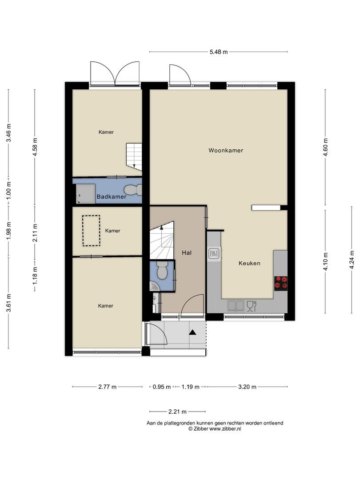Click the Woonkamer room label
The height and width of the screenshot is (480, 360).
pos(226,150)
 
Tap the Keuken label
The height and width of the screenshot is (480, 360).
pos(249,263)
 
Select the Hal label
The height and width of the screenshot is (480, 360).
pos(187,253)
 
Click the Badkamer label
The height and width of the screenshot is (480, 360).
pos(112,197)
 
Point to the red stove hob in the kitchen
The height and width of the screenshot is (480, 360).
pos(281,283)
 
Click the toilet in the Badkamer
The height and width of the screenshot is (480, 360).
pos(133,190)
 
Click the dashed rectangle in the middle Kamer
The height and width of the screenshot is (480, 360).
pos(91,231)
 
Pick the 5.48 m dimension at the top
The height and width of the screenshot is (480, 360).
pos(219,52)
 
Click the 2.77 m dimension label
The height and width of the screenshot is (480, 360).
pos(108,387)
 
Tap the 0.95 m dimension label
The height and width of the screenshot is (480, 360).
pos(162,387)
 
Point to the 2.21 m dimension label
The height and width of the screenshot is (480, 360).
pos(177,412)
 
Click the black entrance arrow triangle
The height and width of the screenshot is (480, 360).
pos(192,332)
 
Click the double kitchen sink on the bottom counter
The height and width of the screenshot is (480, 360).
pos(236,305)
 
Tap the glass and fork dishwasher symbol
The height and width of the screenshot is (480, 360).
pos(251,306)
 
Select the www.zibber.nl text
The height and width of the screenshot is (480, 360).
pos(225,429)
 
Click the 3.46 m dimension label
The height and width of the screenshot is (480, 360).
pos(8,133)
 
